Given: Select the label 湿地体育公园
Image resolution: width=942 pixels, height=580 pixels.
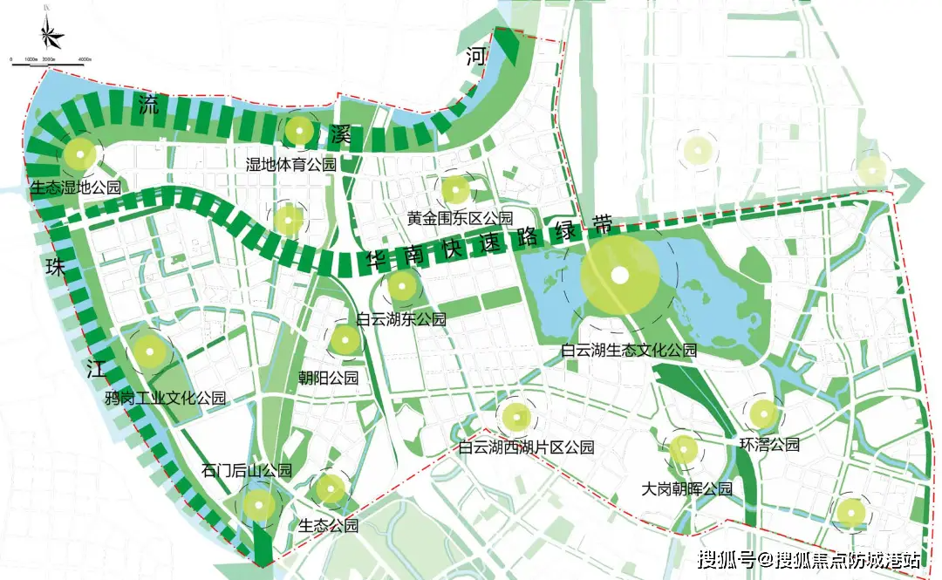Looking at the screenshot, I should pos(290,164).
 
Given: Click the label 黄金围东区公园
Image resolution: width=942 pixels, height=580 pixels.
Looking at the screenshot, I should pos(460,217).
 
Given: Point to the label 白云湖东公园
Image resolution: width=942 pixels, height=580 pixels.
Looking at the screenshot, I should pos(401,319).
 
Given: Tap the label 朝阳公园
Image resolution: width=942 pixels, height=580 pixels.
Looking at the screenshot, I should pos(328,378).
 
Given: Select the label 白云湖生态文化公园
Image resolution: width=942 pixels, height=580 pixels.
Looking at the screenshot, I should pos(629,351).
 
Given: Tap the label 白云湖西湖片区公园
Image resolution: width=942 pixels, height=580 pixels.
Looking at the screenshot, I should pos(527,448).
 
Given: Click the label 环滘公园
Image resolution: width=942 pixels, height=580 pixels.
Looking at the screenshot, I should pos(768,444).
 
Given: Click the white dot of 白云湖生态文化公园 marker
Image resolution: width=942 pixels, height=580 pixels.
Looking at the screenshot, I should pos(619,276).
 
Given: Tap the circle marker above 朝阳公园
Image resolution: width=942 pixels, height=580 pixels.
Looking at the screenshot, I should pos(345,339).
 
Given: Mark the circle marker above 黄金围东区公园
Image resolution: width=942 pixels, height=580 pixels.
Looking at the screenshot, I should pos(455,188).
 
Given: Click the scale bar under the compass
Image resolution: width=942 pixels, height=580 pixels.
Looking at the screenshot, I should pos(48,61).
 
